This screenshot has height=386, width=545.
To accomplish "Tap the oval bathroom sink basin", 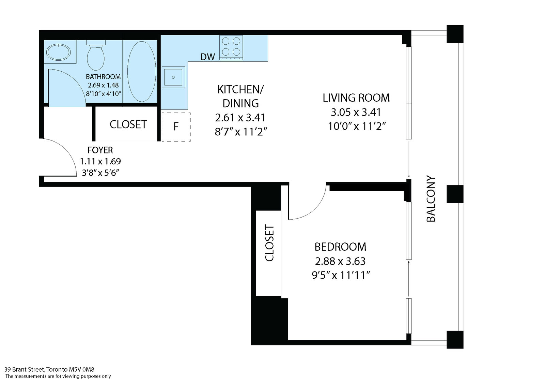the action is pos(59,52).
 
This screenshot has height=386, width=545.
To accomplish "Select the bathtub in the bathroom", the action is pos(142,72).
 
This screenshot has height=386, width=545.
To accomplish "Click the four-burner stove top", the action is pos(231,47).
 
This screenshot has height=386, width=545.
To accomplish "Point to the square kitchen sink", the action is pos(173,77).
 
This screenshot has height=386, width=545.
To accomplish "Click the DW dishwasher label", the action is pos(207,57).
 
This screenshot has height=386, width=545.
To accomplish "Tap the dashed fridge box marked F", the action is pos(176,127).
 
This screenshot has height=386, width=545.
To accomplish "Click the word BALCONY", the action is pos(431,199).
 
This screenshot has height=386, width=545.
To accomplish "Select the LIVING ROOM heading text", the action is pos(356,98).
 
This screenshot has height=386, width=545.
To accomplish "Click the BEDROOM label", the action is pos(340,247).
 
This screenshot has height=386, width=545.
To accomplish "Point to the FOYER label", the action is pos(100,150).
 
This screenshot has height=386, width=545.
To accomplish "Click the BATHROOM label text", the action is pos(103,77).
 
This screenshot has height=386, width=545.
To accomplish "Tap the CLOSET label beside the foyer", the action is pos(128,124).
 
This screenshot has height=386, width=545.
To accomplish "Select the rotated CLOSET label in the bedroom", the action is pos(269,243).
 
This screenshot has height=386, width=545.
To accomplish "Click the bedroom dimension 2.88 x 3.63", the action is pos(340,261).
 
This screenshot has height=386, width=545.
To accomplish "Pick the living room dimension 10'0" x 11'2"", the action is pos(357,127).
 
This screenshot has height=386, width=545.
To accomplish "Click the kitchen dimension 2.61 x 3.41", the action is pos(240,118).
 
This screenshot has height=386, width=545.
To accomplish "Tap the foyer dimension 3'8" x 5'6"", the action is pos(100,173).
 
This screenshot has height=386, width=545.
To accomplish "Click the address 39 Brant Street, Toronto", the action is pos(49,369).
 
